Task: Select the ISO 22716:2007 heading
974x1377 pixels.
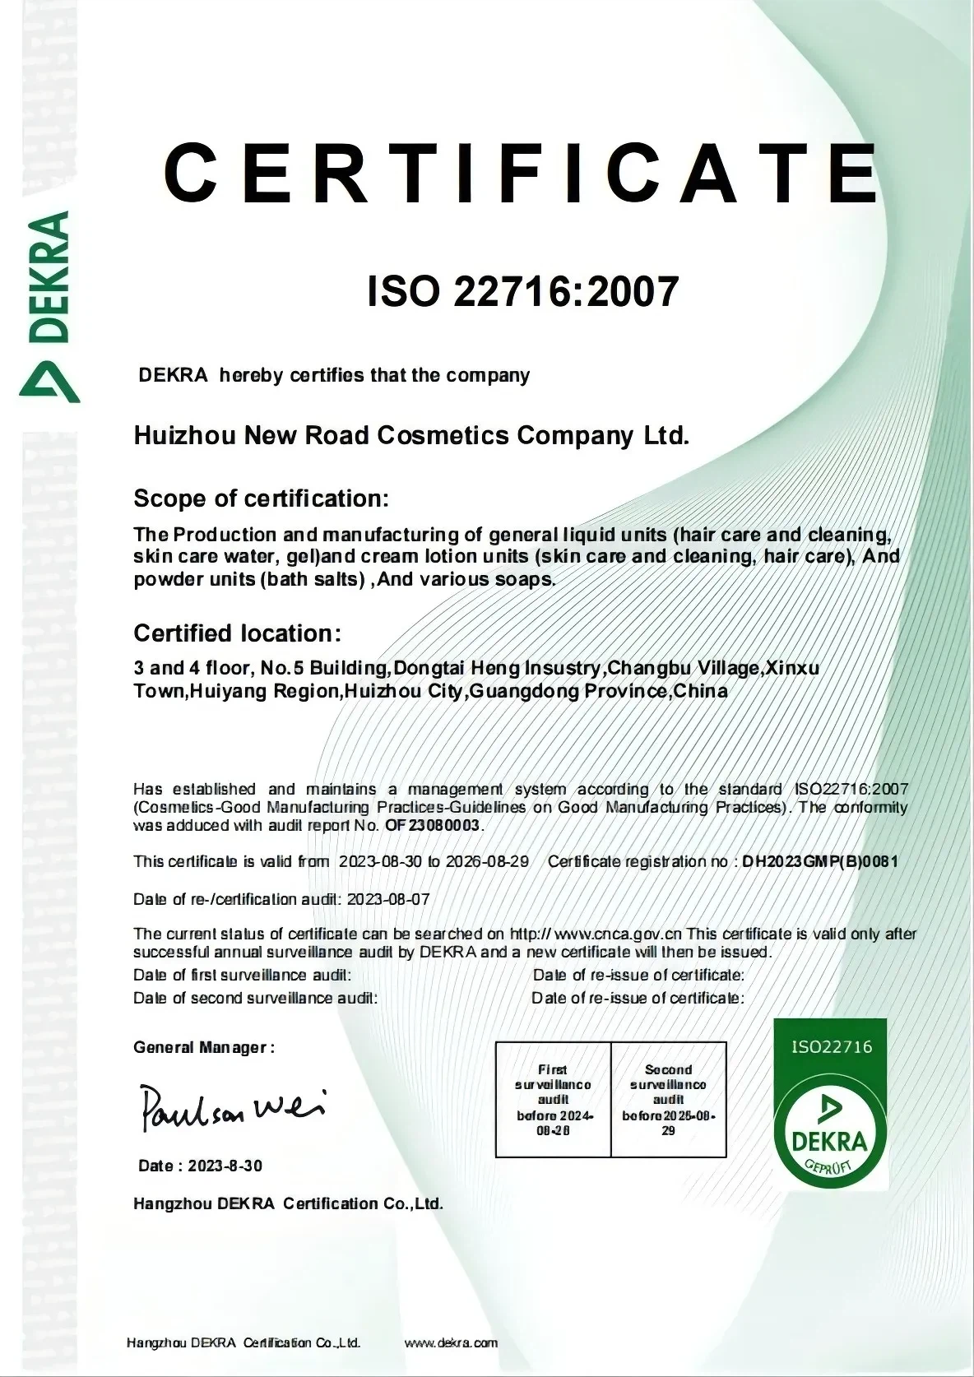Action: [x=523, y=290]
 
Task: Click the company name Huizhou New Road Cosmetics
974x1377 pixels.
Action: [x=410, y=435]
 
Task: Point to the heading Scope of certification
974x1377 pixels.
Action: [x=261, y=498]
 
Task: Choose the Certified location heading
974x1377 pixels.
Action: [x=237, y=633]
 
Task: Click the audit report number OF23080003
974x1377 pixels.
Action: [x=434, y=825]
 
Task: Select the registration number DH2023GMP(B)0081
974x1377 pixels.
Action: [x=820, y=862]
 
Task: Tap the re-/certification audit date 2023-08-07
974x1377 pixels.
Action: [x=388, y=899]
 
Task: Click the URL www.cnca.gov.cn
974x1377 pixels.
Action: [x=619, y=934]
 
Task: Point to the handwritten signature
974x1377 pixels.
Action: [x=234, y=1107]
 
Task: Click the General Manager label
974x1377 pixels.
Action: [x=203, y=1047]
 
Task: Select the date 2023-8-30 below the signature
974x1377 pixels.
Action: [x=225, y=1166]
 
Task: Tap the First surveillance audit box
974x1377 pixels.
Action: [x=553, y=1100]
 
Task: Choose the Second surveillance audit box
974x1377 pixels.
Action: [x=668, y=1100]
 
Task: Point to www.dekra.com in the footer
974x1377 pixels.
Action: [x=452, y=1343]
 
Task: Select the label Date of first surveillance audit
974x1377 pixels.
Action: [x=242, y=976]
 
